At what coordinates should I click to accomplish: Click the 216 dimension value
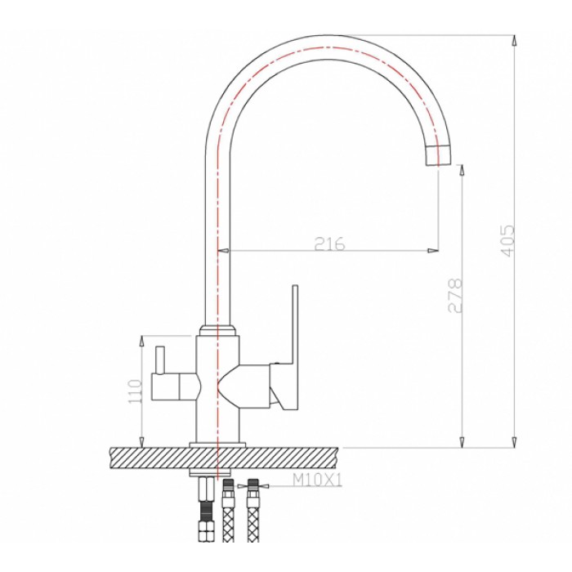tap(329, 244)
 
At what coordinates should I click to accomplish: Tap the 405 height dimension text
tap(507, 241)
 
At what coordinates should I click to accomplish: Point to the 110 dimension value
tap(136, 391)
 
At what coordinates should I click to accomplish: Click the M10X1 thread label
tap(316, 480)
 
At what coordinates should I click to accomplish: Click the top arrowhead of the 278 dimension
tap(462, 169)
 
